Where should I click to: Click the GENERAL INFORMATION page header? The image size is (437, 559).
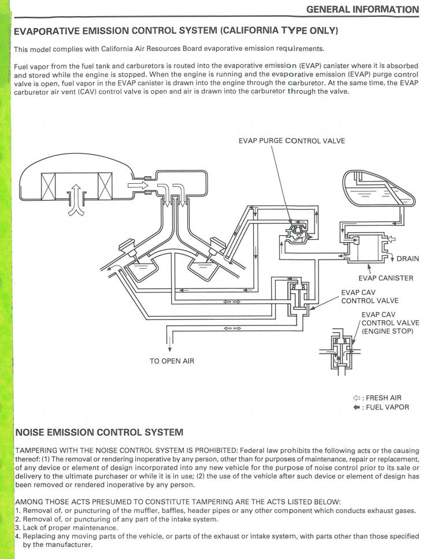click(362, 9)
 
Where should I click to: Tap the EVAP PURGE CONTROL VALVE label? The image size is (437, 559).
click(291, 140)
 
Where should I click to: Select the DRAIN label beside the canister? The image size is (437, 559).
click(408, 258)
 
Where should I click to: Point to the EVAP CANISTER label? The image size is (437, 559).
click(386, 278)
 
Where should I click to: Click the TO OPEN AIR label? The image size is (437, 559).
click(172, 361)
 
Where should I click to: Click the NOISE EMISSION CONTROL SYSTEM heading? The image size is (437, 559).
click(99, 432)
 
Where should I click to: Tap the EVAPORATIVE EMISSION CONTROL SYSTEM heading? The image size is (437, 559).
click(176, 30)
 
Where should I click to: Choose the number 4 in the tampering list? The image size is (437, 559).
click(17, 536)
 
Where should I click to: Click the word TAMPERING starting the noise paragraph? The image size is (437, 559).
click(38, 450)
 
